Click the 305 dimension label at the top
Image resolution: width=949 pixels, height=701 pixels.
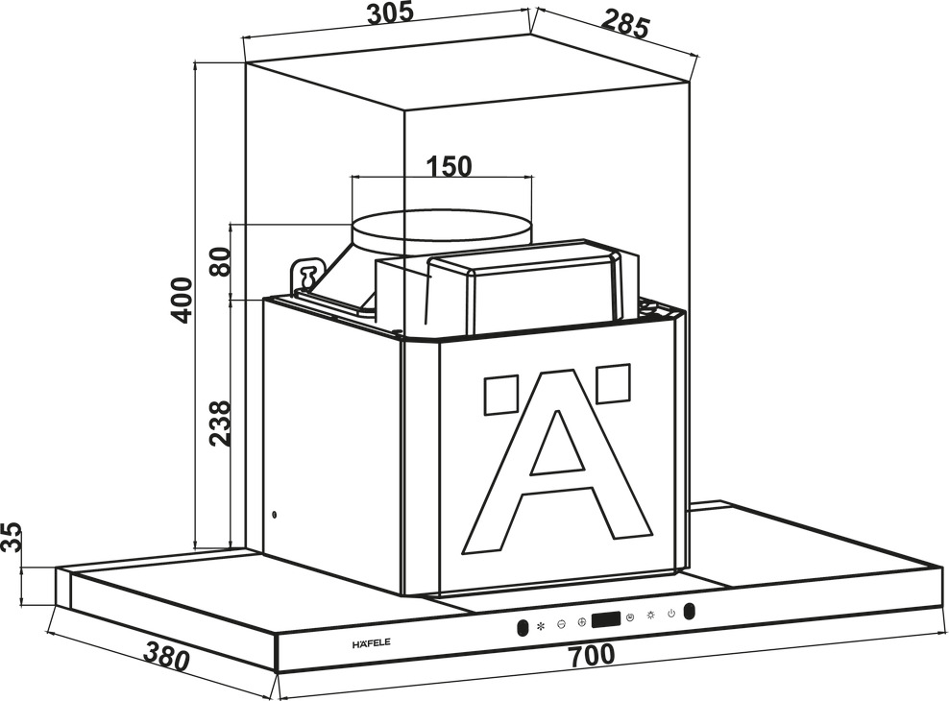click(390, 12)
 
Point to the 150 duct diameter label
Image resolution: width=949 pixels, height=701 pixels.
click(449, 166)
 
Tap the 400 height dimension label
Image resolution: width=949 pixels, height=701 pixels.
click(181, 300)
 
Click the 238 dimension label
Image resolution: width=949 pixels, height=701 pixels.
click(220, 423)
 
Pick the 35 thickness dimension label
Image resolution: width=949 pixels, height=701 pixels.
click(12, 538)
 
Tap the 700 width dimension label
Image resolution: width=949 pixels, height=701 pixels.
click(592, 655)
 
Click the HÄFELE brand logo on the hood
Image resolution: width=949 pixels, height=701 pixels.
click(371, 643)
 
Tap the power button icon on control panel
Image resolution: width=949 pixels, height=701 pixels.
click(670, 614)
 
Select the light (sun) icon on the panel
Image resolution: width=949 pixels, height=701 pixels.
click(650, 616)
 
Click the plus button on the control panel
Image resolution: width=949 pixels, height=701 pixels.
click(582, 621)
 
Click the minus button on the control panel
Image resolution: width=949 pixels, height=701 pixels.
click(561, 623)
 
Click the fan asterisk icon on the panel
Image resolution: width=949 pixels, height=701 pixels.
click(541, 625)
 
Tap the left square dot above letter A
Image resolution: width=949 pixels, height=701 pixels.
click(500, 395)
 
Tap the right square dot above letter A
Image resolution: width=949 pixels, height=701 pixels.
click(614, 383)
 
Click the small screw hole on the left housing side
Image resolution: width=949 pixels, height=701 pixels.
click(276, 516)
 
